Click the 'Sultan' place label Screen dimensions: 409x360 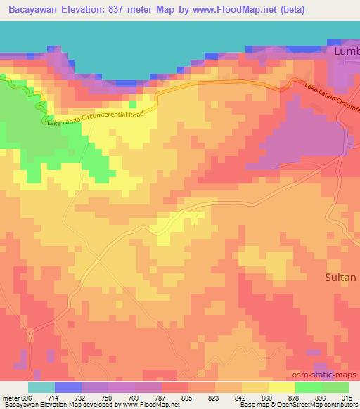click(x=340, y=278)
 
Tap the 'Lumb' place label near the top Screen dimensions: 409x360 click(x=345, y=52)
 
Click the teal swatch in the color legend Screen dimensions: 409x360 click(x=41, y=387)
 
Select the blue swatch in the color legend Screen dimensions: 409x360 click(x=68, y=387)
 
